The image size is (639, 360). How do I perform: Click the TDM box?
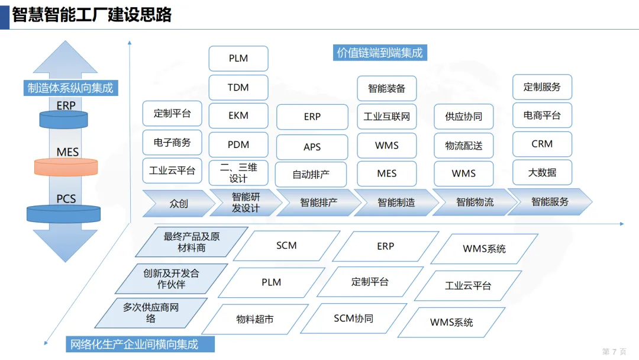point(238,88)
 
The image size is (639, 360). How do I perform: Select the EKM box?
point(238,116)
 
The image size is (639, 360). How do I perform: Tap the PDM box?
point(238,144)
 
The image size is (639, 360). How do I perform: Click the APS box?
point(312,146)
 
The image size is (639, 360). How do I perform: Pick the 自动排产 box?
point(311,175)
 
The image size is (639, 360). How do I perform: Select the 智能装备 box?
point(387,88)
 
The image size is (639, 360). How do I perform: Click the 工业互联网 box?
point(387,117)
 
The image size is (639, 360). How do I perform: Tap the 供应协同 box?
point(464,117)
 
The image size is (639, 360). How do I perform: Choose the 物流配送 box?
point(464,146)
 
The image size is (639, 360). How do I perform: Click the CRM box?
point(542,144)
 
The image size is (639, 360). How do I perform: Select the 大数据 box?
point(542,173)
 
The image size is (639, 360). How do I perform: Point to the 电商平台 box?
point(542,115)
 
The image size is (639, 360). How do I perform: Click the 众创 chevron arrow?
point(178,203)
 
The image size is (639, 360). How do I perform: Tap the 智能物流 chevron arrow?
point(474,202)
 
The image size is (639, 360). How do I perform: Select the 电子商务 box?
point(172,142)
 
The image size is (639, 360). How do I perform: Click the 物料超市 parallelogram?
point(255,319)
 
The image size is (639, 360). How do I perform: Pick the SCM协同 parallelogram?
point(354,319)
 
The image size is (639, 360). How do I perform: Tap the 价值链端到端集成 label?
point(380,53)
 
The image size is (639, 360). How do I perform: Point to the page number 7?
point(614,352)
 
